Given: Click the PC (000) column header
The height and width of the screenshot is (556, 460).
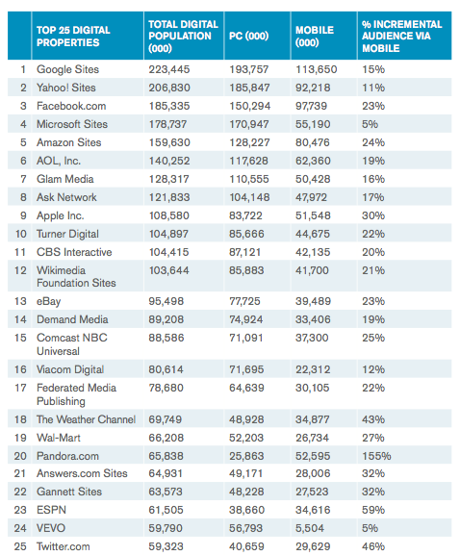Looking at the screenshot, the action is click(248, 36).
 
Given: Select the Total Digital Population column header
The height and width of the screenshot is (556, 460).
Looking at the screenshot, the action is click(183, 36).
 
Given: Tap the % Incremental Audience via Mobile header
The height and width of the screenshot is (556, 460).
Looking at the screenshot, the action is click(402, 36).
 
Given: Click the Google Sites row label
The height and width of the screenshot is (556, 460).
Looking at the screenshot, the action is click(67, 69).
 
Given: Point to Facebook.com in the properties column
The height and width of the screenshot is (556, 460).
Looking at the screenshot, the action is click(71, 106).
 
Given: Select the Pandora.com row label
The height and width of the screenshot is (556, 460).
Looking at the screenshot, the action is click(67, 456).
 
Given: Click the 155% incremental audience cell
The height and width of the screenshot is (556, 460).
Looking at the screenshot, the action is click(376, 456).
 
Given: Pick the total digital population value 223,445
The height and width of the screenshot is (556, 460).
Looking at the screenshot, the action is click(169, 69).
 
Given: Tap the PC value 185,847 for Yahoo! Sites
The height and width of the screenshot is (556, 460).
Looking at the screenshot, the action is click(249, 88).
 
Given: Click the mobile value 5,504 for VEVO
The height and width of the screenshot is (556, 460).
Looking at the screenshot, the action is click(310, 528).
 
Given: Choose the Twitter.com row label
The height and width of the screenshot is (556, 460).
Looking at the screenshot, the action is click(64, 546).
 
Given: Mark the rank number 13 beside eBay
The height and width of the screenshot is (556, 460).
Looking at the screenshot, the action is click(20, 301).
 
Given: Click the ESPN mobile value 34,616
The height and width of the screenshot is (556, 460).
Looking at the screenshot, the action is click(313, 510).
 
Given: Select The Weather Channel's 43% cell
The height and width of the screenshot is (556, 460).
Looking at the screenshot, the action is click(373, 419).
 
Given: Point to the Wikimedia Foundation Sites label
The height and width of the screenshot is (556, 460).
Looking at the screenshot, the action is click(76, 277).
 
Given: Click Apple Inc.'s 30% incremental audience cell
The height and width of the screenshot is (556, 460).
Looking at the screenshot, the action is click(373, 215).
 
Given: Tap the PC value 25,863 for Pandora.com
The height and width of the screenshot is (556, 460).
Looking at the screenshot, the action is click(246, 456).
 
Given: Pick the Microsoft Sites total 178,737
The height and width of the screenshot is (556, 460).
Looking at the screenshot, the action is click(167, 124).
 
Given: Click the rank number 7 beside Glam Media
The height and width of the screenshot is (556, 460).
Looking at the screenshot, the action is click(23, 179).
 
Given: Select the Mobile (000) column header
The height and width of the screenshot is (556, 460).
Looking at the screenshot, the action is click(315, 36).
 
